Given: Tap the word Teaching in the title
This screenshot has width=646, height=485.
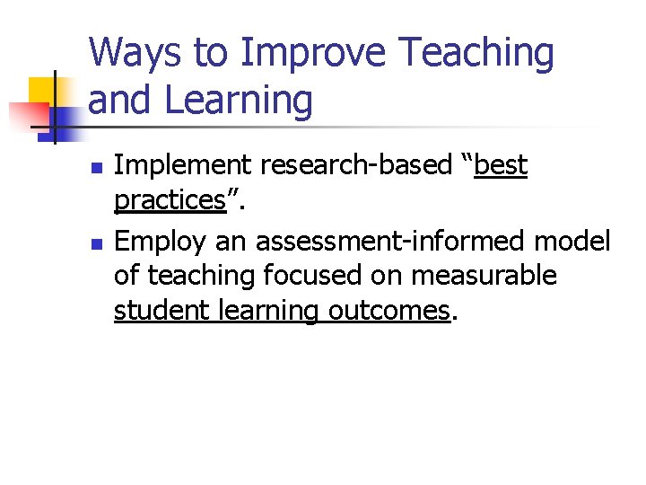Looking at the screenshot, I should (x=477, y=54).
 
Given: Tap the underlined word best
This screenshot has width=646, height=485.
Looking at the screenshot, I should (x=501, y=166).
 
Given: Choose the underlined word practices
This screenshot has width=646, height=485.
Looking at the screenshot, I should (x=169, y=200).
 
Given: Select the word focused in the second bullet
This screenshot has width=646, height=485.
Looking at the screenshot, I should (x=301, y=276).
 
